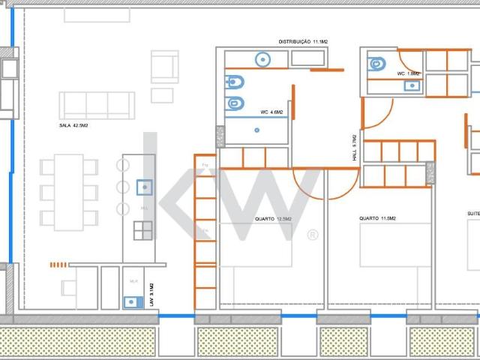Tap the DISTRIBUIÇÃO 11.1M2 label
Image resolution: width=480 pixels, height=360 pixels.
[304, 41]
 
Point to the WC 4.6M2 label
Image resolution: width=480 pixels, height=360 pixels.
[271, 112]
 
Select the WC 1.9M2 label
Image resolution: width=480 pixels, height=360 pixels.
[409, 73]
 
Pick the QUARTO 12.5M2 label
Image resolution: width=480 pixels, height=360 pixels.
[273, 218]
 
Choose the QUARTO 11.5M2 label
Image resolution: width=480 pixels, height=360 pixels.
[377, 218]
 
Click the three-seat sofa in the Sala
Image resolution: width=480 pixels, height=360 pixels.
[97, 104]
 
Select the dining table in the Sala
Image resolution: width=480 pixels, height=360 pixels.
[68, 191]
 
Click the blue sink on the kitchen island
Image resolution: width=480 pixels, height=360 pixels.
[144, 186]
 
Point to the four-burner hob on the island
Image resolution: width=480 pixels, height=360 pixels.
[143, 230]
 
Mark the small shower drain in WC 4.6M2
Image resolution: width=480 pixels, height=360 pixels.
[256, 130]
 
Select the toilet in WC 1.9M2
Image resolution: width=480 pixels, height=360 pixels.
[377, 64]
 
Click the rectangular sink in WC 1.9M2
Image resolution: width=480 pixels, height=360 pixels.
[412, 85]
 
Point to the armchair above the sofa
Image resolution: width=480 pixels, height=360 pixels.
[164, 66]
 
